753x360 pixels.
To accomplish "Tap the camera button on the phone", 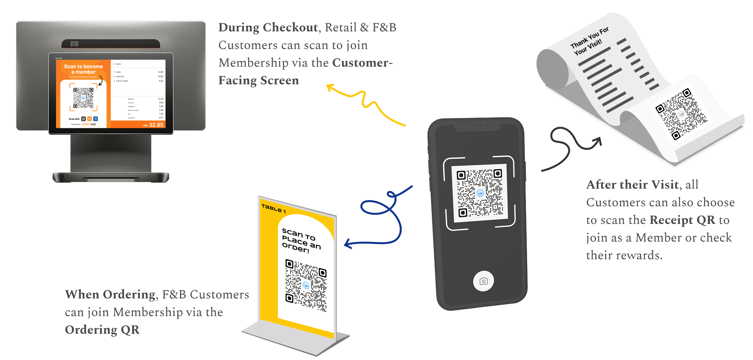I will pyautogui.click(x=483, y=281).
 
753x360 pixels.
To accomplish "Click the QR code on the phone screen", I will pyautogui.click(x=480, y=193).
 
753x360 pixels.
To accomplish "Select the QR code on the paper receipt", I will pyautogui.click(x=681, y=114).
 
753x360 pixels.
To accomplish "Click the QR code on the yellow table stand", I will pyautogui.click(x=306, y=285).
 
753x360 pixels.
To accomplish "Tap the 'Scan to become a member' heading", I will pyautogui.click(x=83, y=69).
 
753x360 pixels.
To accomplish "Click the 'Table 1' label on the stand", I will pyautogui.click(x=273, y=208).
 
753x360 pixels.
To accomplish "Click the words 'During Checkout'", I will pyautogui.click(x=268, y=27).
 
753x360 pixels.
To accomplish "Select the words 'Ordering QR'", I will pyautogui.click(x=102, y=330).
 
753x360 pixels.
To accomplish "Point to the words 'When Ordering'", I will pyautogui.click(x=111, y=294).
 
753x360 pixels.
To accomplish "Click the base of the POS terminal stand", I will pyautogui.click(x=111, y=178).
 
